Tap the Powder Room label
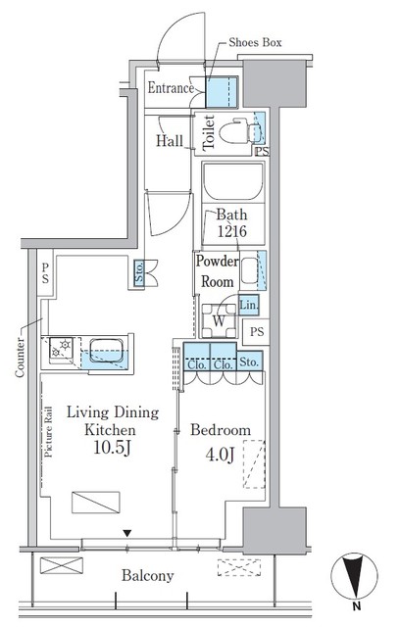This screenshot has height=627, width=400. point(216,270)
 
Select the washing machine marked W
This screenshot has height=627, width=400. point(220,320)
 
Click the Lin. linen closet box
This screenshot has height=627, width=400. point(248,305)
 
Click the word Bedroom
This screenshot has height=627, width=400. point(221,430)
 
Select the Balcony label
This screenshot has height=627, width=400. point(148,575)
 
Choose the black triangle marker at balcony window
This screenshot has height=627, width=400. point(125,533)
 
